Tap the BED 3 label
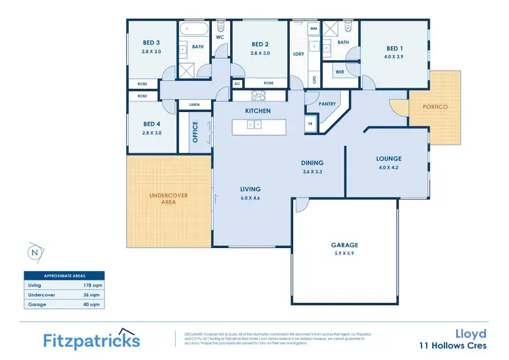(x=151, y=43)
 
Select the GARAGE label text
(x=345, y=245)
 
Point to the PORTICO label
(x=434, y=107)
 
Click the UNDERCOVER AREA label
(x=168, y=198)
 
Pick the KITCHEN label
(x=258, y=111)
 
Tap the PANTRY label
(x=327, y=104)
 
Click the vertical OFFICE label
(x=195, y=132)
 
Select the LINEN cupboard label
(x=193, y=105)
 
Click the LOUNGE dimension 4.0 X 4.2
(x=389, y=167)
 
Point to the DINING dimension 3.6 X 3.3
(x=312, y=172)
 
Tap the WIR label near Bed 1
(x=339, y=71)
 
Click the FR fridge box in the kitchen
(x=310, y=124)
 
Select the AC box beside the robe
(x=238, y=84)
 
